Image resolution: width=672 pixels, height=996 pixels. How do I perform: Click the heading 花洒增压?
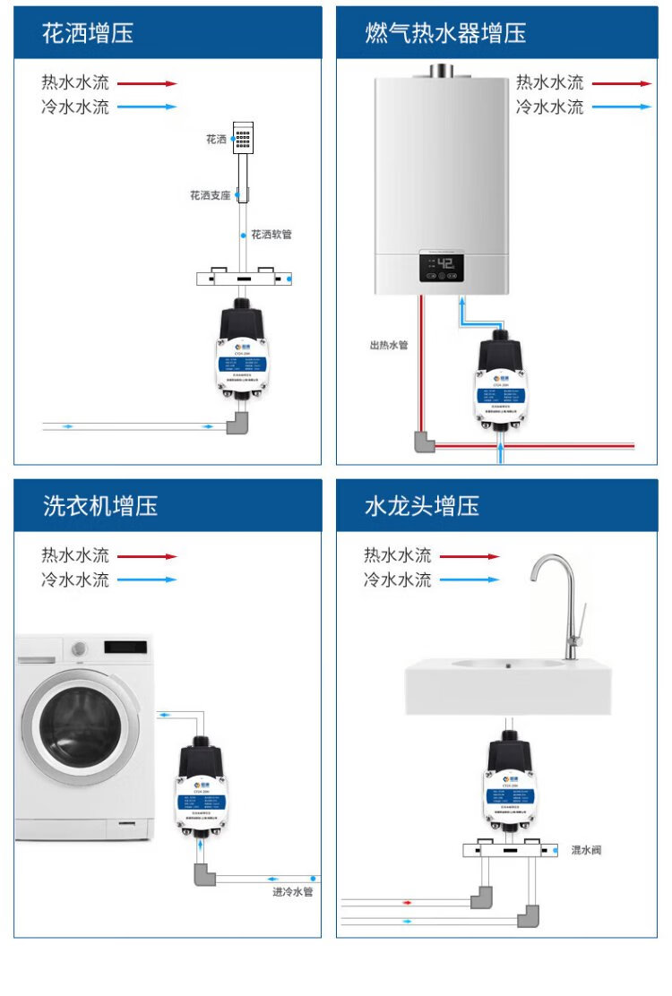click(88, 34)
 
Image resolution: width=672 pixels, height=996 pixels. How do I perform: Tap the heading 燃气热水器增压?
click(445, 34)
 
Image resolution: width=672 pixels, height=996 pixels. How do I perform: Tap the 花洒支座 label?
click(210, 195)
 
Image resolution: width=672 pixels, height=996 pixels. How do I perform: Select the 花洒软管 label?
click(271, 235)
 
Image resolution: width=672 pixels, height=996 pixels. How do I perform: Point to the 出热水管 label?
click(388, 345)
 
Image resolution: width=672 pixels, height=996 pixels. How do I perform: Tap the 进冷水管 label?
click(292, 892)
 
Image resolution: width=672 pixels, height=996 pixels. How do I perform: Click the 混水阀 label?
click(586, 850)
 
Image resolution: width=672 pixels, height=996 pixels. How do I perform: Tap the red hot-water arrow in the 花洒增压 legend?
click(147, 83)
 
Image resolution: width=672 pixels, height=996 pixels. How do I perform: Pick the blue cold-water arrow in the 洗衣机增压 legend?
click(147, 580)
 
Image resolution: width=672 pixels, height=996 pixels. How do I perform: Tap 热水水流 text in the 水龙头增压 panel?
click(397, 556)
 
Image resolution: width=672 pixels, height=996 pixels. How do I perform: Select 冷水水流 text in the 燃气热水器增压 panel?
click(549, 107)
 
